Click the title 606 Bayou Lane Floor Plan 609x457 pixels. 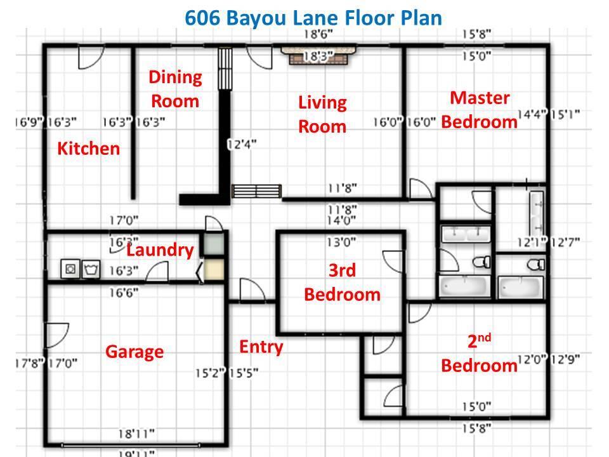click(x=313, y=17)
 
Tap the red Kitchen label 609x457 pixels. click(x=88, y=149)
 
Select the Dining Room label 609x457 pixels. click(x=174, y=89)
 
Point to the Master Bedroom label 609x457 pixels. click(x=479, y=110)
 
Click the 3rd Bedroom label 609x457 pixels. click(x=342, y=282)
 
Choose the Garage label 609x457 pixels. click(x=134, y=352)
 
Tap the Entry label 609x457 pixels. click(x=261, y=347)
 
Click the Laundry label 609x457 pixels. click(x=159, y=250)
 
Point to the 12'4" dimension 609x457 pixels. click(x=241, y=144)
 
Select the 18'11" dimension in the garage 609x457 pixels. click(x=136, y=434)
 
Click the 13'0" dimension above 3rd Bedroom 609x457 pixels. click(x=341, y=242)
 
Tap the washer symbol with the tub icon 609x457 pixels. click(x=91, y=269)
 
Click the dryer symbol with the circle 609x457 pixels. click(x=70, y=269)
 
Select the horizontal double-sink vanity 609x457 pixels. click(x=466, y=234)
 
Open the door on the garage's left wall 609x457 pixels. click(x=57, y=334)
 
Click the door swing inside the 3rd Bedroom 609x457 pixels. click(x=391, y=260)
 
